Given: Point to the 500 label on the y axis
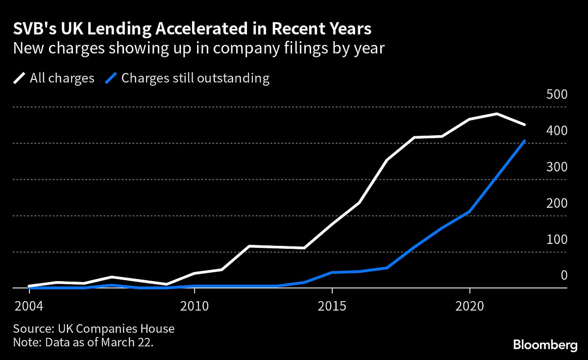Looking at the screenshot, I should pos(556,95).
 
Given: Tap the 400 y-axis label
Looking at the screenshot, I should pos(556,131).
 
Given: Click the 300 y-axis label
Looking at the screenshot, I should pos(556,167).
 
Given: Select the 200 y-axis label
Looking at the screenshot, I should pos(556,203).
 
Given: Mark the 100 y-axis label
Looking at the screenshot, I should pos(556,240).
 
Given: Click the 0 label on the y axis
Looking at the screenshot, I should pos(563,276).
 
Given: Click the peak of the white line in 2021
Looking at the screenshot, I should pos(497,114).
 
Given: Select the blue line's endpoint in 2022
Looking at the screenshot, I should pos(525,141).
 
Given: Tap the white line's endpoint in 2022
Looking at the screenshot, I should pos(525,125).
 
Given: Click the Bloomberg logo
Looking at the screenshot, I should pos(545,345).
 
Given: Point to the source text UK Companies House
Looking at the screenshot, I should pos(94,329).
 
